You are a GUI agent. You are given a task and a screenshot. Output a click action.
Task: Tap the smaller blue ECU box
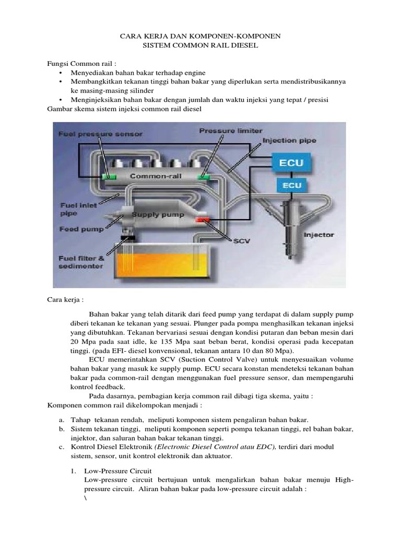(x=292, y=185)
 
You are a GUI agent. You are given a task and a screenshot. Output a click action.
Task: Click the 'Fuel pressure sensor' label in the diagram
(x=100, y=134)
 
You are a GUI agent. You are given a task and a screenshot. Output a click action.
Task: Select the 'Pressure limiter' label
(x=223, y=130)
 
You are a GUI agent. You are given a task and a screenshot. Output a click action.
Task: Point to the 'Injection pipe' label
(x=286, y=141)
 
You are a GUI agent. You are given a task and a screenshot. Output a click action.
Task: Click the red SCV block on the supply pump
(x=202, y=220)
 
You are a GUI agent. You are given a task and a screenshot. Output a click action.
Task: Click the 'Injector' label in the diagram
(x=318, y=235)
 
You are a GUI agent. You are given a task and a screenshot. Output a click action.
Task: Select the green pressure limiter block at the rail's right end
(x=203, y=178)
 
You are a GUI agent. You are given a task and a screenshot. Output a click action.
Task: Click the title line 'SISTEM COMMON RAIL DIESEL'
(x=200, y=46)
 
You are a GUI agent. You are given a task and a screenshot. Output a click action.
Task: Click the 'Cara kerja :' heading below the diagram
(x=65, y=300)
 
